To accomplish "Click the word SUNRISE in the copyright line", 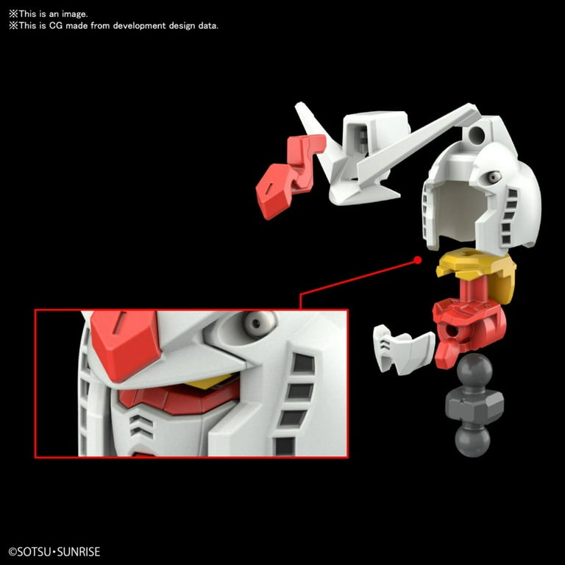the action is click(x=79, y=552).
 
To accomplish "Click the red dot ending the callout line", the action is click(x=417, y=260).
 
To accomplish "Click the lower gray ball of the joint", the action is click(x=472, y=440).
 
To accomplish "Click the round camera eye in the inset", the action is click(x=258, y=323).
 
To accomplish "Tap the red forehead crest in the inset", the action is click(x=124, y=344).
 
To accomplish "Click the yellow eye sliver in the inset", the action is click(x=209, y=382).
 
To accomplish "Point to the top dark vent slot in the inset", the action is click(x=303, y=363).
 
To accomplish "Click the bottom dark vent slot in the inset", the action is click(x=285, y=446).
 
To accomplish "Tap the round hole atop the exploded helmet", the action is click(x=477, y=135).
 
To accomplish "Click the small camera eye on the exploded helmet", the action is click(x=494, y=177).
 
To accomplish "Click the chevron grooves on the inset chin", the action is click(x=141, y=426).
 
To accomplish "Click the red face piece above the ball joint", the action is click(x=469, y=326).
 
